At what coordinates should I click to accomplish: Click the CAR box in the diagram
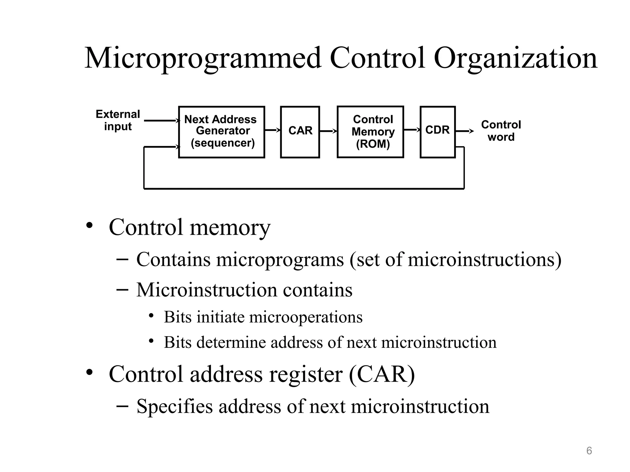click(300, 132)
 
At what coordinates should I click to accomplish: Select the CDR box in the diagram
click(437, 132)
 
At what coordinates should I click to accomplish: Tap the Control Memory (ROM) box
click(370, 132)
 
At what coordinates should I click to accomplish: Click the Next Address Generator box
click(221, 132)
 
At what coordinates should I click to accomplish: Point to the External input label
click(118, 120)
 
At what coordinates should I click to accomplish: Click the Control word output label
click(501, 131)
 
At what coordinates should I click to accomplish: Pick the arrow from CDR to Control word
click(464, 131)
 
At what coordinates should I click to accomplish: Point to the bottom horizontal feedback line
click(304, 188)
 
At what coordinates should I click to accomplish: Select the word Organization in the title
click(515, 58)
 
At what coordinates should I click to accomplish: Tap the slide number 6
click(589, 451)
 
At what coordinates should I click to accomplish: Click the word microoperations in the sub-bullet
click(306, 317)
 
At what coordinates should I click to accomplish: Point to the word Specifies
click(174, 406)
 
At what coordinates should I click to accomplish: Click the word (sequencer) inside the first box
click(223, 143)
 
